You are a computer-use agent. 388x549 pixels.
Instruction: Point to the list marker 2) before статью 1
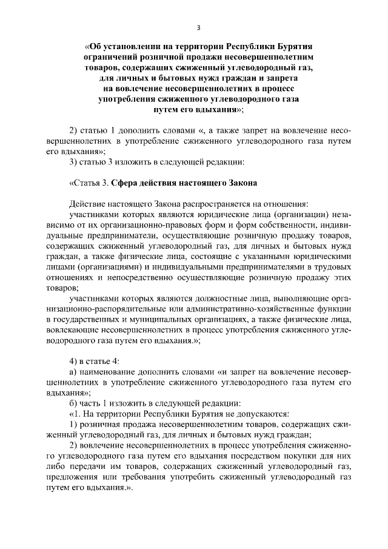75,130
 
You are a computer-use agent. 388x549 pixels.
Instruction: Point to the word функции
334,309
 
